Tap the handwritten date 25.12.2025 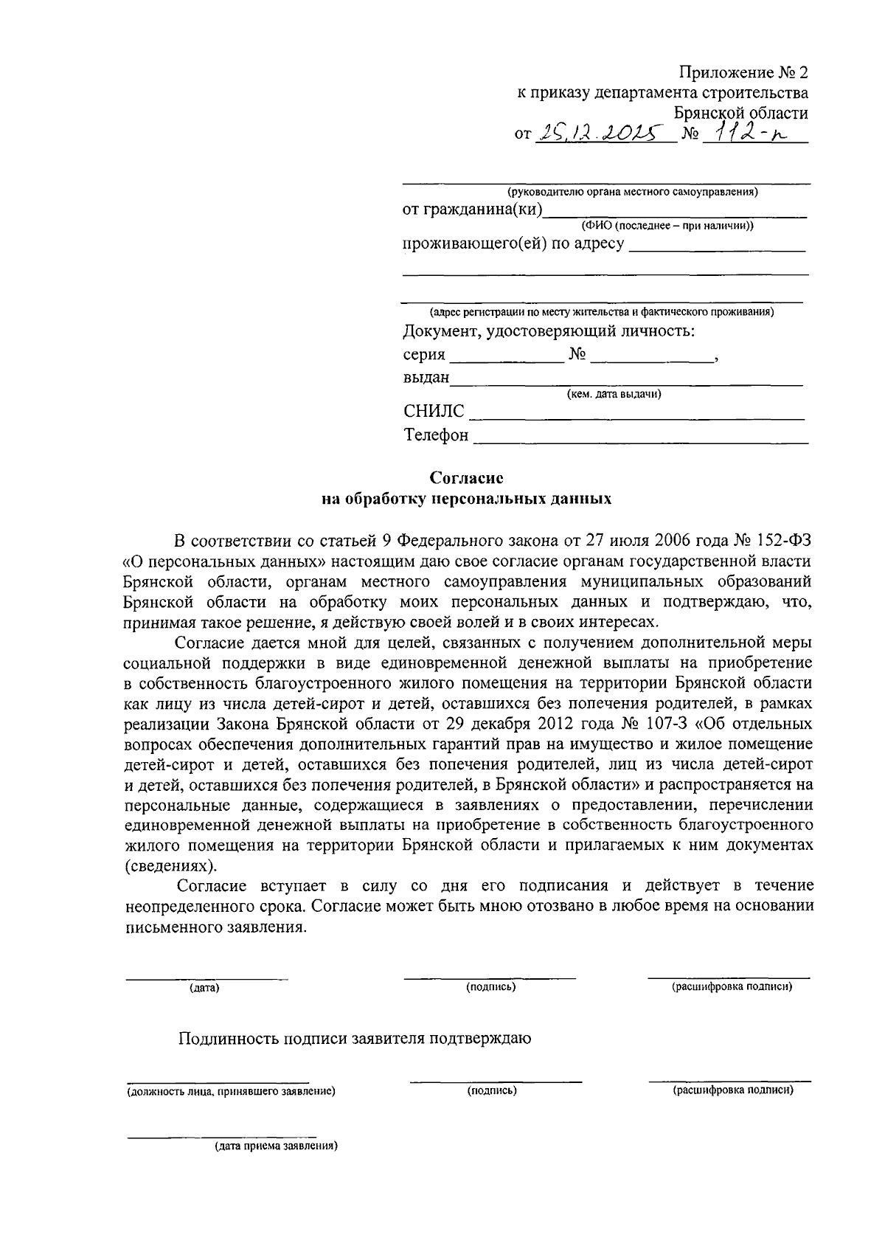[597, 133]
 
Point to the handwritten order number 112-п [745, 133]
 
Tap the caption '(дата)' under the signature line [204, 987]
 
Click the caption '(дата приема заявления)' [276, 1147]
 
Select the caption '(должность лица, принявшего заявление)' [231, 1090]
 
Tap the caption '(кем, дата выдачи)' [614, 394]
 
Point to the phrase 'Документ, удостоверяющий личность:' [549, 331]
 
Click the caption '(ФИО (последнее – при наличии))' [667, 226]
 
